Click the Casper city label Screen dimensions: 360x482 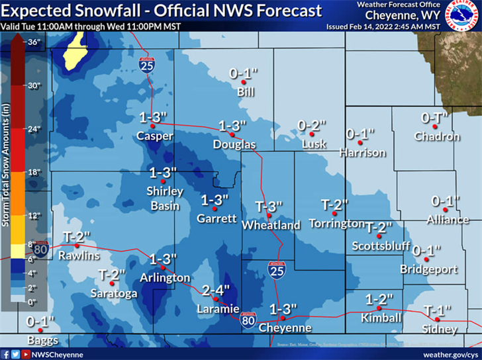pos(155,136)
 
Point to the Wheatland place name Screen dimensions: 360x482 pos(271,225)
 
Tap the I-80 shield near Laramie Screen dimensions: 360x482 pos(248,320)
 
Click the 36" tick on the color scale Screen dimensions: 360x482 pos(34,42)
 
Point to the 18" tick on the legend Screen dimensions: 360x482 pos(34,172)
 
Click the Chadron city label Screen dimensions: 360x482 pos(437,136)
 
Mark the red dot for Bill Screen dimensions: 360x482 pos(244,83)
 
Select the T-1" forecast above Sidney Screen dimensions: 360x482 pos(437,310)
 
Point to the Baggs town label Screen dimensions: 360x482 pos(42,341)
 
